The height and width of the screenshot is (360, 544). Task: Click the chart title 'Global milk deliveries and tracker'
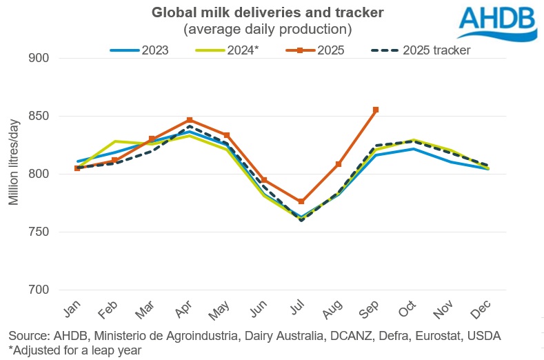point(268,13)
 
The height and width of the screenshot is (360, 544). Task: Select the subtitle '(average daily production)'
point(268,29)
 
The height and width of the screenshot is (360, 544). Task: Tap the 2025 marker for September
point(376,110)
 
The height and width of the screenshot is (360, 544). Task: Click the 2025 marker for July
point(301,201)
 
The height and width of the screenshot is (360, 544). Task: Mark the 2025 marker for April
point(189,120)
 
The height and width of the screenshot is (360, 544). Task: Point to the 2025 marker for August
point(338,164)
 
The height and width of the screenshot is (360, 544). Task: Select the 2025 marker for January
point(77,168)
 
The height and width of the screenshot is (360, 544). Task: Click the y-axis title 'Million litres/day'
point(14,163)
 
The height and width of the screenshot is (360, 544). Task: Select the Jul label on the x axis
point(299,312)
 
